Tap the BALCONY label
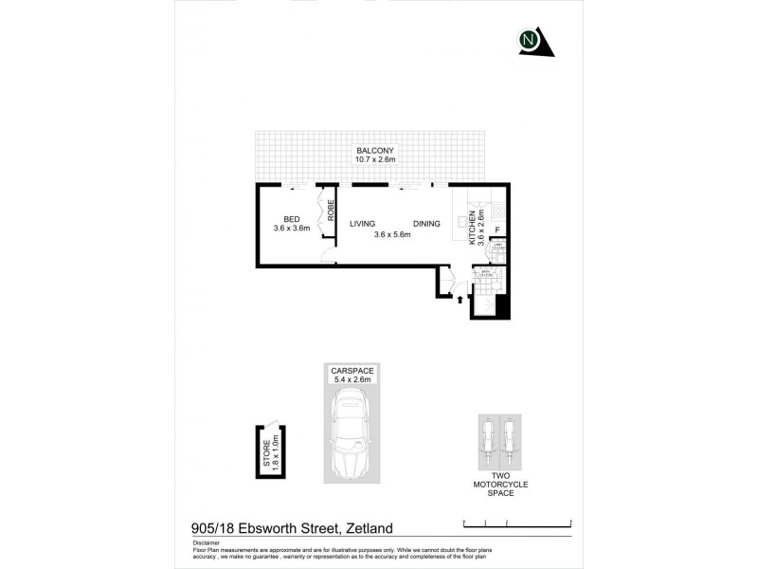(x=375, y=151)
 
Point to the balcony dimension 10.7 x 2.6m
(x=375, y=160)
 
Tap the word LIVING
(x=363, y=224)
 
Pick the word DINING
(x=426, y=224)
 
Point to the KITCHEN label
(x=472, y=228)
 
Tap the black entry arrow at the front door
(x=460, y=301)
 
